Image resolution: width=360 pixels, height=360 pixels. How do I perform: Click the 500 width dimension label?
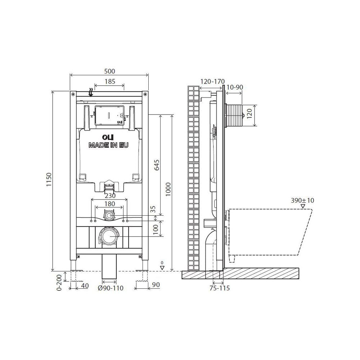click(x=109, y=71)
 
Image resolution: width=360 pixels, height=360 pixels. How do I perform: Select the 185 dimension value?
click(x=110, y=81)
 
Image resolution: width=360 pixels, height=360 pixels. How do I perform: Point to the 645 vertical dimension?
click(x=157, y=165)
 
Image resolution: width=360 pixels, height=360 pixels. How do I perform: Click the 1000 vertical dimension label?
click(x=168, y=189)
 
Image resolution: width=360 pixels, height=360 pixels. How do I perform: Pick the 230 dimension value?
click(x=110, y=195)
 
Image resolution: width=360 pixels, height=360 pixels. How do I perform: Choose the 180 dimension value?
click(x=109, y=204)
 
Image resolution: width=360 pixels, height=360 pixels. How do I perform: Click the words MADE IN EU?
click(x=108, y=145)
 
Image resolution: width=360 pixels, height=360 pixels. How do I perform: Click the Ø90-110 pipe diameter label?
click(x=111, y=288)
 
